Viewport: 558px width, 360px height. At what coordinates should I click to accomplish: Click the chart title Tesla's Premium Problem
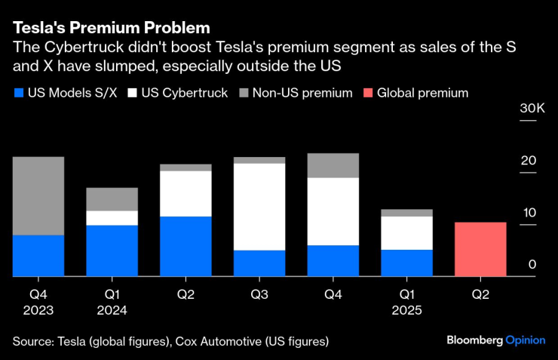point(111,29)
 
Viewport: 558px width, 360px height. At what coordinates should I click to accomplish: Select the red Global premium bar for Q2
point(480,250)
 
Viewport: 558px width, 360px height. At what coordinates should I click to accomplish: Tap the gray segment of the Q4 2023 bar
point(38,195)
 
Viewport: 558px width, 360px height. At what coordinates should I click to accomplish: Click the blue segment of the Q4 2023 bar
point(38,256)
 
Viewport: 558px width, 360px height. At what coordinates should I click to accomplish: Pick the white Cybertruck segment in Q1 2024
point(112,218)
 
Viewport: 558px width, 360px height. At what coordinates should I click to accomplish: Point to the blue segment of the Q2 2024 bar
point(186,247)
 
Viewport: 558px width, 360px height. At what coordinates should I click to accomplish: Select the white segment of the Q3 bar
point(259,207)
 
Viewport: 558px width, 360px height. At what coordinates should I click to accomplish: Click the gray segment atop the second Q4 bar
point(333,165)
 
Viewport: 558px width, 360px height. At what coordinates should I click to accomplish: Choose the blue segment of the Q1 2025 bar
point(407,263)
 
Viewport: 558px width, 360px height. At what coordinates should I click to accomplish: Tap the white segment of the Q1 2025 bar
point(407,233)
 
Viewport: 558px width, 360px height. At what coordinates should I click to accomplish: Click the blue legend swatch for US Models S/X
point(18,94)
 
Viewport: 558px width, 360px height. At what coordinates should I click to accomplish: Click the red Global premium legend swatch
point(366,94)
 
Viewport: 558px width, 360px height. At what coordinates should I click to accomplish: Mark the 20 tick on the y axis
point(532,161)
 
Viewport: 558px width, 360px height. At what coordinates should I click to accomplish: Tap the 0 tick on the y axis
point(532,264)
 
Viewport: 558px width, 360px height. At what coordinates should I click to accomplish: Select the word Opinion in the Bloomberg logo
point(525,340)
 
